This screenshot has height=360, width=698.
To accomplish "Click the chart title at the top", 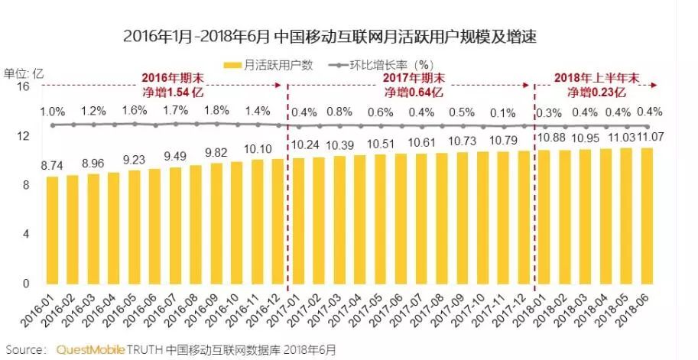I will (330, 37).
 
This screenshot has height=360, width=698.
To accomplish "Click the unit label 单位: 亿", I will (24, 73).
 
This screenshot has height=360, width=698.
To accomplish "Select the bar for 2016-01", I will (52, 229).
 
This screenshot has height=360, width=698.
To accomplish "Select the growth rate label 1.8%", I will (216, 110).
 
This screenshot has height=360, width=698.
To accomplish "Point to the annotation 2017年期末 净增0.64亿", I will (411, 85).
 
